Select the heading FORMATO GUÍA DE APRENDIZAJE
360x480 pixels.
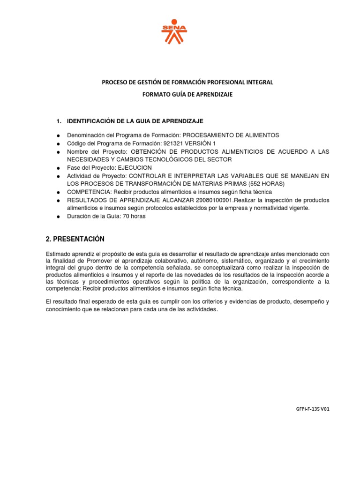(x=187, y=94)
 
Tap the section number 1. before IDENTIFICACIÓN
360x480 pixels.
(x=59, y=121)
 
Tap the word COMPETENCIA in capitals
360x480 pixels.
(x=86, y=192)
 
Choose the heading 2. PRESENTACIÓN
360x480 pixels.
(x=75, y=239)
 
